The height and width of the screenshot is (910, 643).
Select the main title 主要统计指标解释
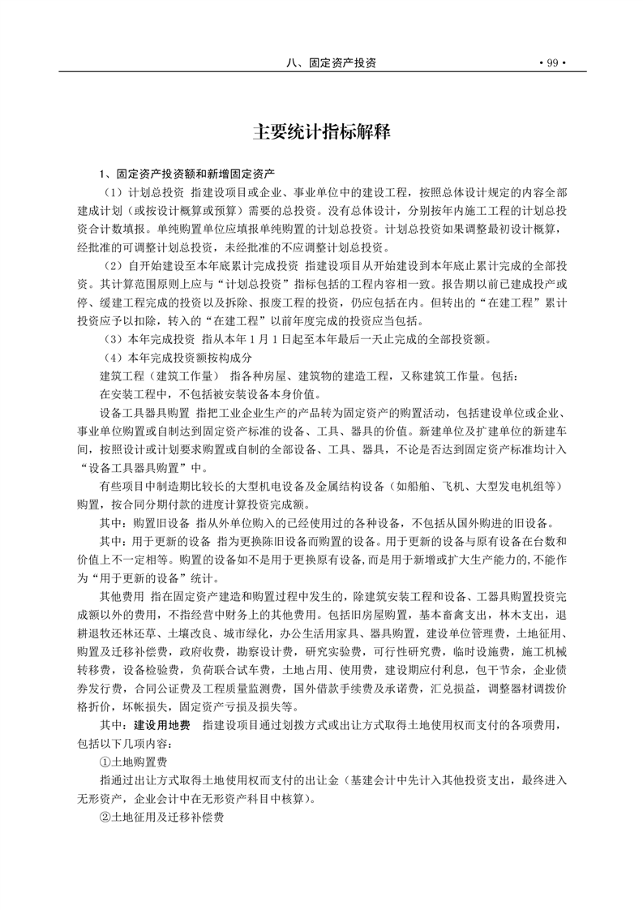pos(322,131)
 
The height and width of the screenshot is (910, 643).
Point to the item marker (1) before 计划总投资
pos(111,193)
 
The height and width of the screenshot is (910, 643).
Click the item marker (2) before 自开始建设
pos(111,266)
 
